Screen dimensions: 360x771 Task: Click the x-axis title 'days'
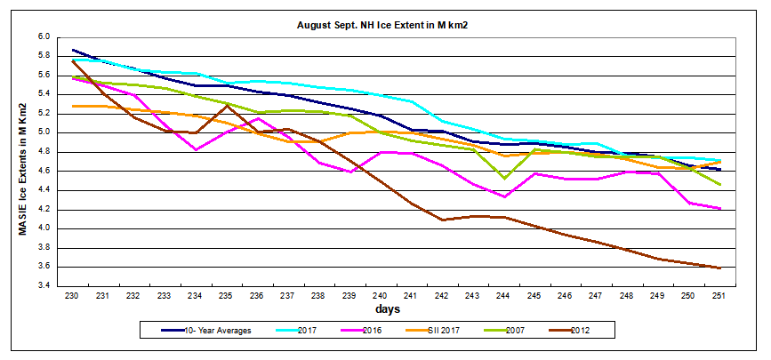386,309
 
